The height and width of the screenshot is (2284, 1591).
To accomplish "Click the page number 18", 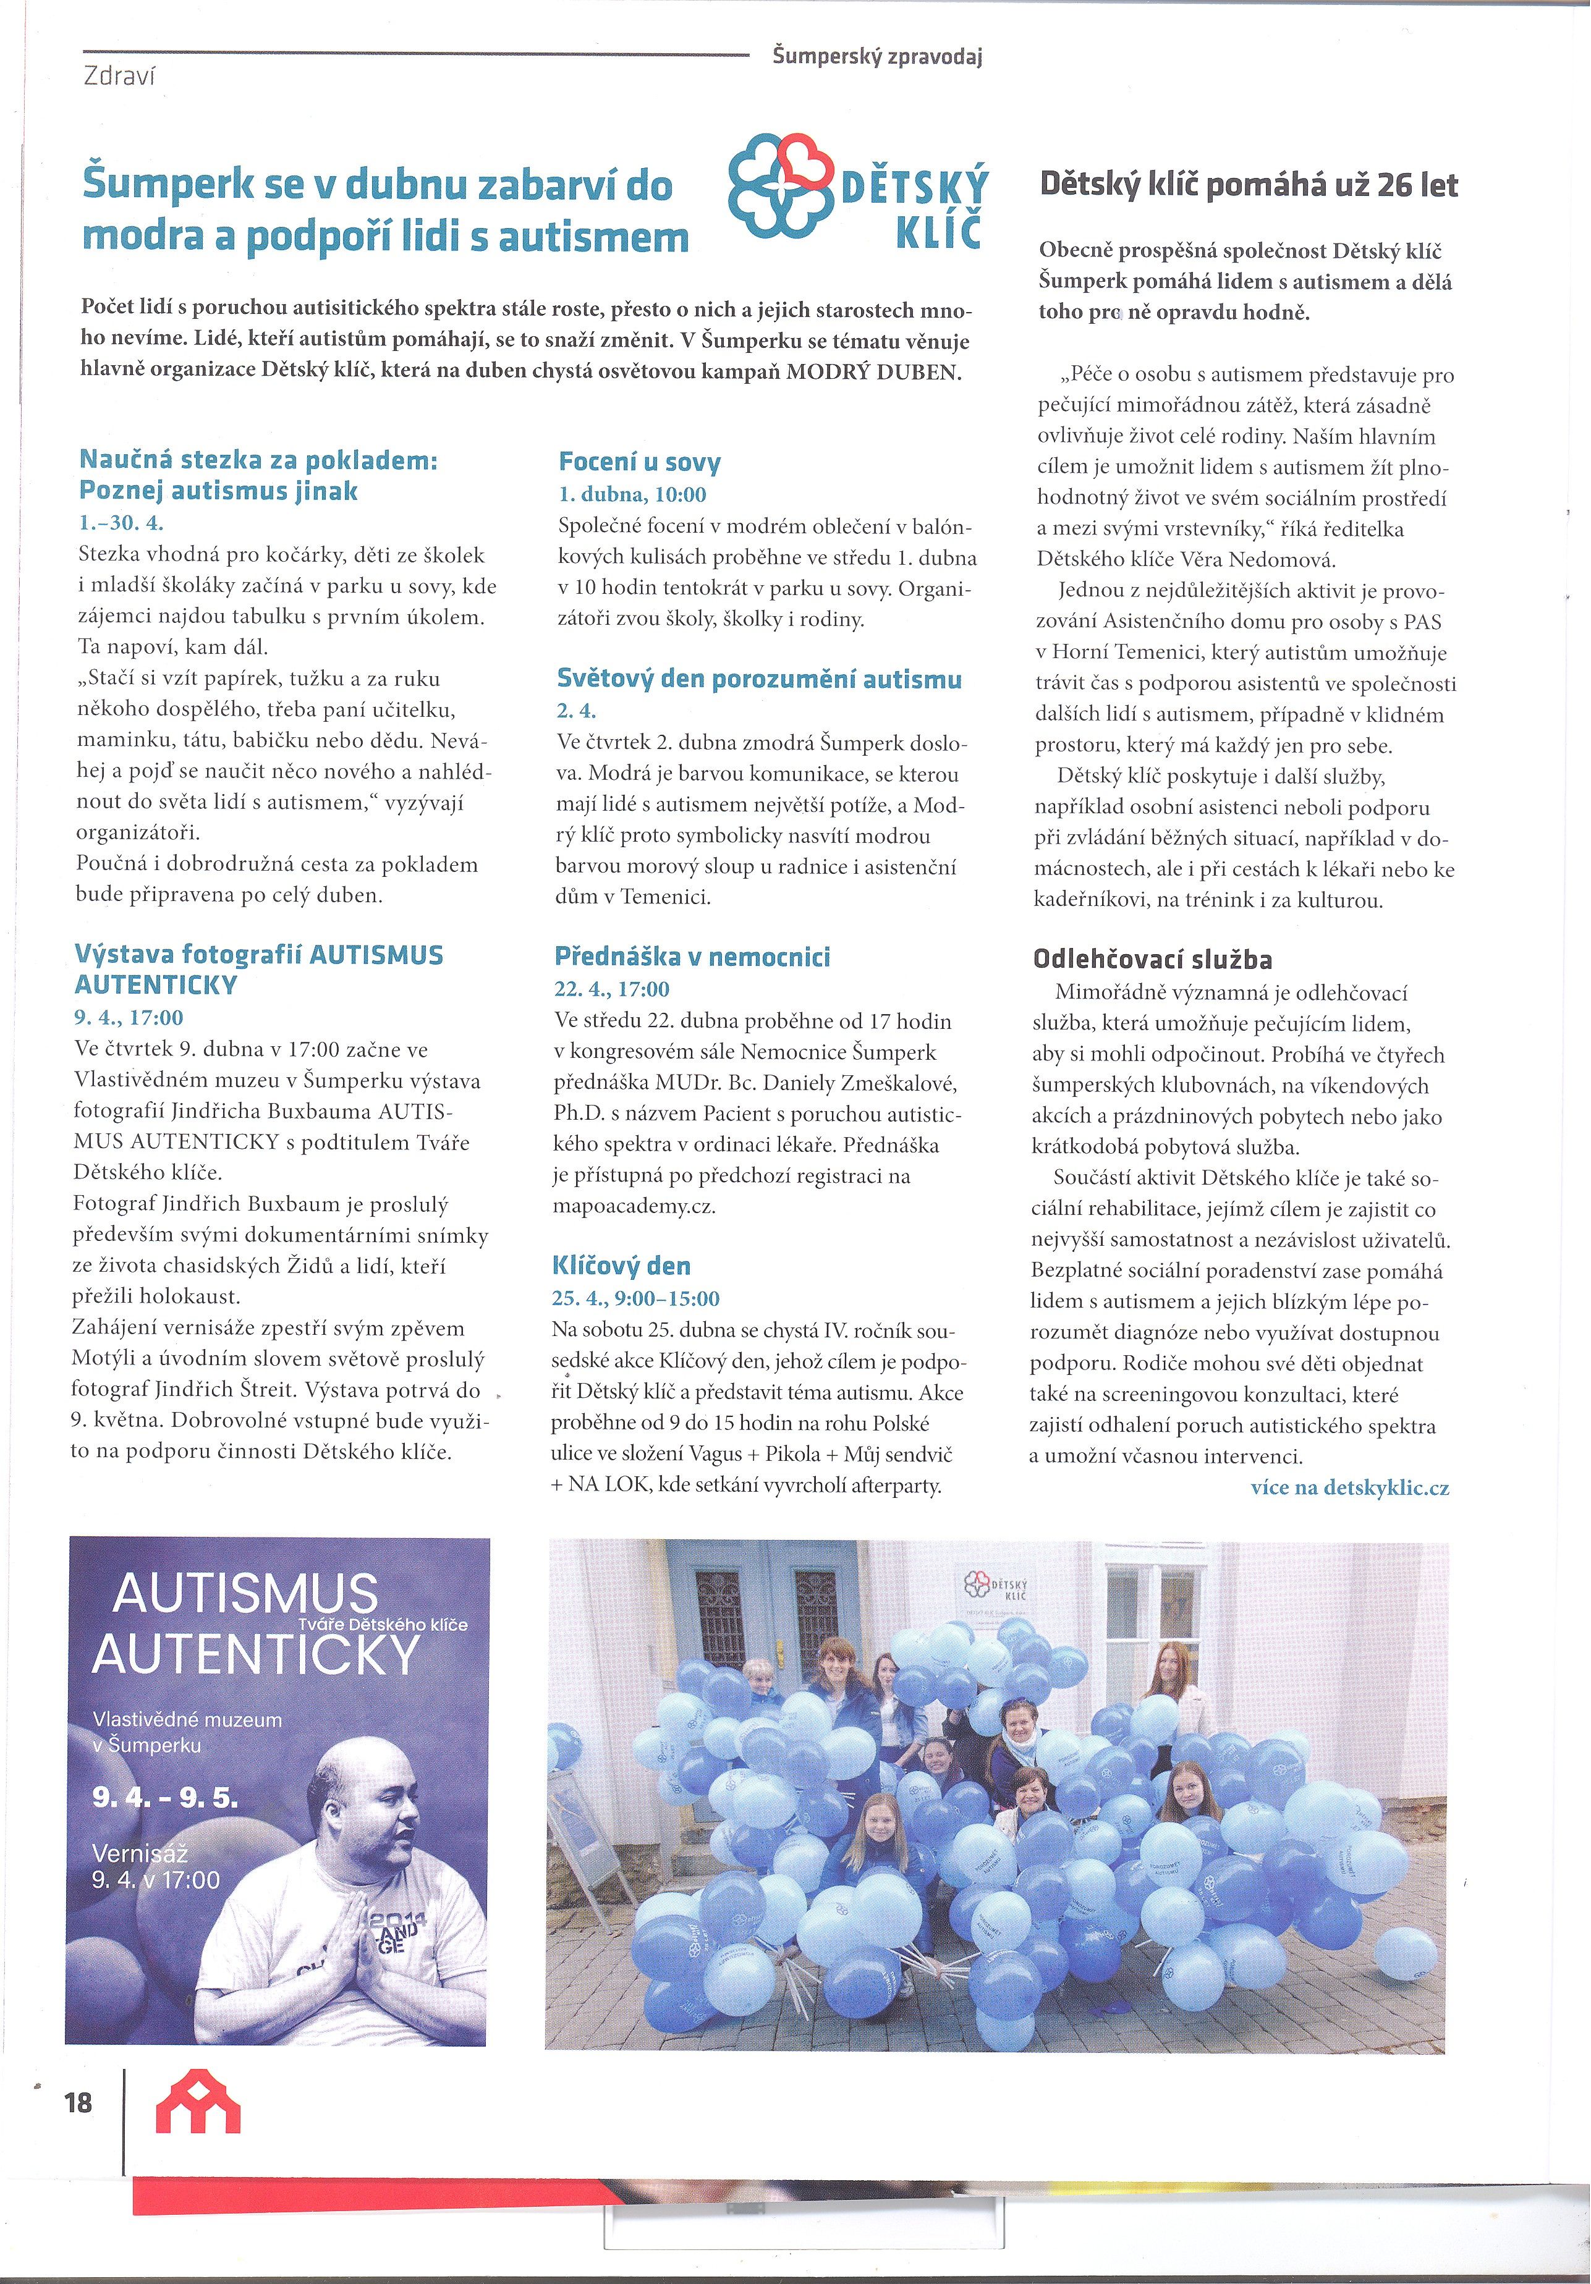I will pyautogui.click(x=78, y=2102).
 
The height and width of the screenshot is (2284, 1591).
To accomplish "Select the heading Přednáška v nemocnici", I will pyautogui.click(x=692, y=957).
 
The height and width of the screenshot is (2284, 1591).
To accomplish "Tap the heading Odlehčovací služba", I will pyautogui.click(x=1152, y=960).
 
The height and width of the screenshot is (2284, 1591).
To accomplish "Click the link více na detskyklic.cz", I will pyautogui.click(x=1349, y=1488).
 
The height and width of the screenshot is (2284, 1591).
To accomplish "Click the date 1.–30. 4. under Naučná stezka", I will pyautogui.click(x=121, y=523).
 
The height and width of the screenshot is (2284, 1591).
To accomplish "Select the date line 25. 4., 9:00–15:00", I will pyautogui.click(x=636, y=1298).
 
